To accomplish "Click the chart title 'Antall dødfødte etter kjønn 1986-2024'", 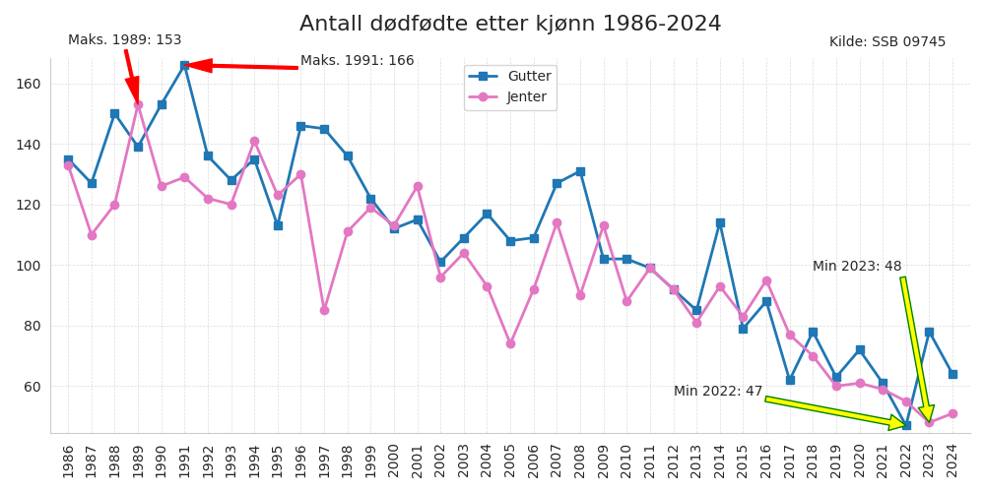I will (510, 24).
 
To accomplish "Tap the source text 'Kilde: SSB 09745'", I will (886, 42).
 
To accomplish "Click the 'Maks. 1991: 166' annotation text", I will (357, 61).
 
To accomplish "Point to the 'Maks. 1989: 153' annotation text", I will (124, 40).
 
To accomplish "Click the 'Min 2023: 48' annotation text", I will (856, 267).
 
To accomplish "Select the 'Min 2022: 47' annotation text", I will (717, 392).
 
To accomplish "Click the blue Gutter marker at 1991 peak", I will (184, 65).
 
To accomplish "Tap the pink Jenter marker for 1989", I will (138, 104).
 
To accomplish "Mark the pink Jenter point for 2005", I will (510, 343).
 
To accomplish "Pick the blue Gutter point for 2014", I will (720, 222).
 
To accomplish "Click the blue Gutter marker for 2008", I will (580, 171).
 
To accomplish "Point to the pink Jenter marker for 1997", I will (324, 310).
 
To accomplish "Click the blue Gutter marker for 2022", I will (906, 425).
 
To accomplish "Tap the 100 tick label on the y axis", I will (28, 266).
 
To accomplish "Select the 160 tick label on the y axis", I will (28, 84).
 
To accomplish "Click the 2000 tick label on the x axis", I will (394, 460).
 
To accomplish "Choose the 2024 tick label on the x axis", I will (952, 460).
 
